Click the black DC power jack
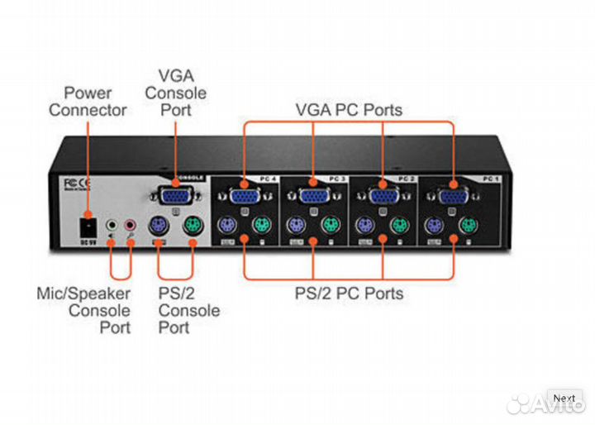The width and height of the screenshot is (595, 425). pos(84,225)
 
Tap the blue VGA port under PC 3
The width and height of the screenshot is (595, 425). pos(313,197)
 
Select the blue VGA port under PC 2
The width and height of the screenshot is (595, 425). pos(383,197)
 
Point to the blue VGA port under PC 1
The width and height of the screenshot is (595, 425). pos(452,197)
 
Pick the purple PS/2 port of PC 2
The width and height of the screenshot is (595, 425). pos(365,225)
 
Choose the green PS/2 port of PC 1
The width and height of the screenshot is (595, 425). pos(469,225)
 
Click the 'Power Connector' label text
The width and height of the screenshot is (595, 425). pos(88,101)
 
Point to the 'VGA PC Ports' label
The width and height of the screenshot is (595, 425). pos(349,110)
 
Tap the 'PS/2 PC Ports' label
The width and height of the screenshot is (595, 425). pos(349,293)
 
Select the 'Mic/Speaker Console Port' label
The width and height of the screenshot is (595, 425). pos(83,310)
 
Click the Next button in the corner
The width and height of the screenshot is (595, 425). pos(564,399)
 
